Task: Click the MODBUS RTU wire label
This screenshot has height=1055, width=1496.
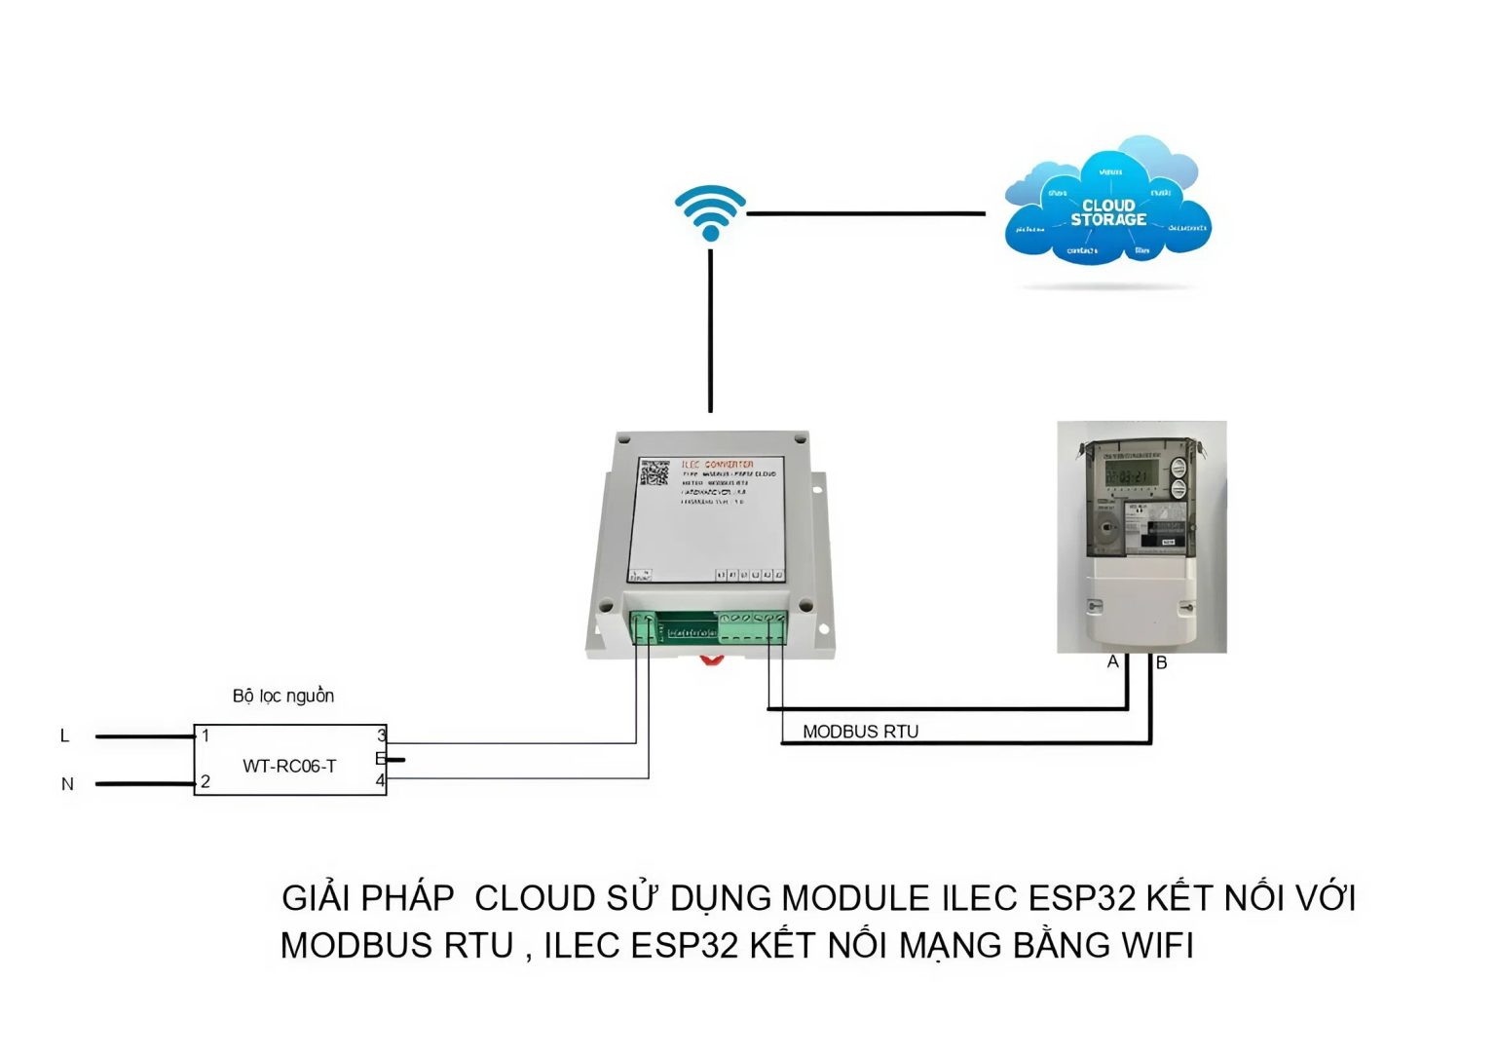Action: click(x=860, y=732)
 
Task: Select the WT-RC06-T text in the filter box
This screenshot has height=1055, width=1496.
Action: click(x=289, y=767)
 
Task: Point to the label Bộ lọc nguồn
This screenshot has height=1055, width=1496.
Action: click(x=283, y=696)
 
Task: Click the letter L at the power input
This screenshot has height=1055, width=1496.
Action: click(x=65, y=735)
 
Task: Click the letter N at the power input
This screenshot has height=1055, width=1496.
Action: click(x=67, y=784)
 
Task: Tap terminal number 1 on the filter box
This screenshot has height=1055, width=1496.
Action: click(x=206, y=735)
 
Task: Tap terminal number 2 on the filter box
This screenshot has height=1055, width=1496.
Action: click(x=206, y=781)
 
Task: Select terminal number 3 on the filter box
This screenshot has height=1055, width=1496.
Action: click(x=381, y=735)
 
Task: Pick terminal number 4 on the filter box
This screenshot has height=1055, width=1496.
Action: click(x=380, y=780)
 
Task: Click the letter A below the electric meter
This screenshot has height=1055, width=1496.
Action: click(x=1112, y=662)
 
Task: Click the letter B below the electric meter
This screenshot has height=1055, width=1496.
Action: click(x=1161, y=663)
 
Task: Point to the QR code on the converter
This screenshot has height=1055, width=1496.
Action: click(x=654, y=473)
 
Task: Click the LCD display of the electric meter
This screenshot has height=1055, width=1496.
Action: click(x=1130, y=474)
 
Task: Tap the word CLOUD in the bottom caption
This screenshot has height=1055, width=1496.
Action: click(x=534, y=898)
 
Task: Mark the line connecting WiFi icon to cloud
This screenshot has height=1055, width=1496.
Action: click(x=866, y=213)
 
